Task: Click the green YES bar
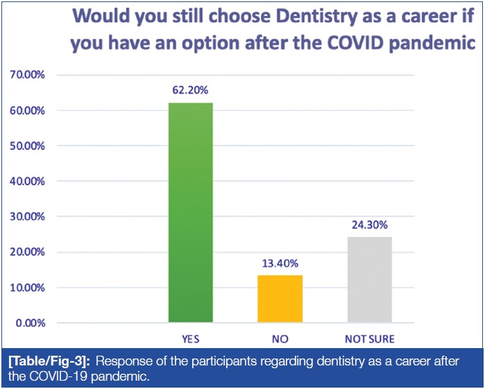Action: [191, 212]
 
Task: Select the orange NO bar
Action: [280, 299]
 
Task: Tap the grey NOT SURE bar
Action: [369, 279]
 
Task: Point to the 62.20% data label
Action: [191, 90]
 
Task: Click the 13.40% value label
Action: [280, 263]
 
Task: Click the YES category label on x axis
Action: [191, 339]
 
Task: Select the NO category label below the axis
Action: [280, 339]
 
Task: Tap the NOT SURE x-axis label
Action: [369, 339]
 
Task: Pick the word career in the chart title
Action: [419, 15]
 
